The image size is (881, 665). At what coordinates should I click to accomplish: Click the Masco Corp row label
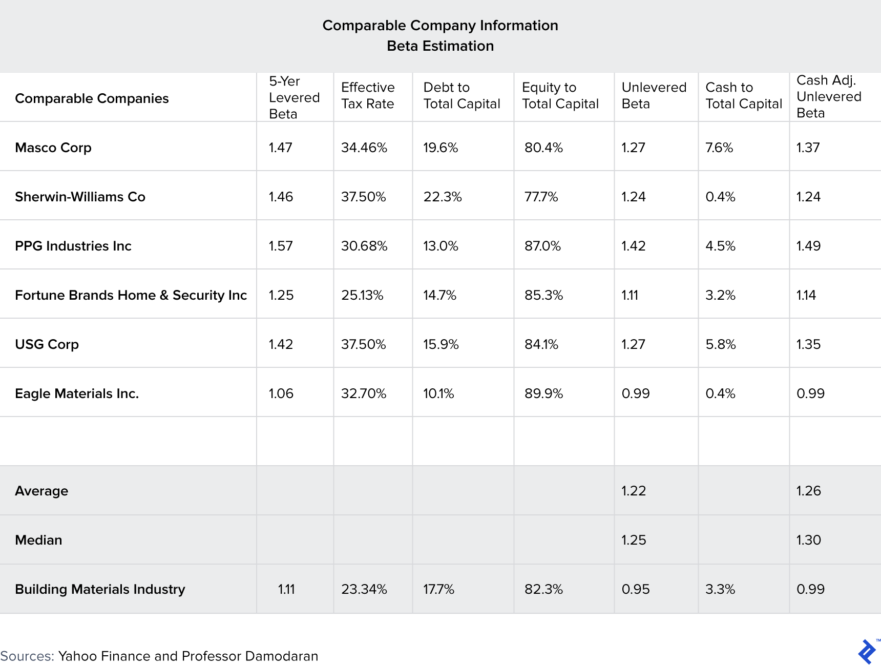[x=53, y=148]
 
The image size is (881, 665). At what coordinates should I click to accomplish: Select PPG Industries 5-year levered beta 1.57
[x=281, y=246]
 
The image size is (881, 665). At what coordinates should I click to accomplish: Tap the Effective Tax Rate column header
[x=368, y=96]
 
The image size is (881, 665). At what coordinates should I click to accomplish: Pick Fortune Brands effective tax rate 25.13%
[x=362, y=295]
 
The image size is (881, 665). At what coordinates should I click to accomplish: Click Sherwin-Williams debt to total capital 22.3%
[x=443, y=197]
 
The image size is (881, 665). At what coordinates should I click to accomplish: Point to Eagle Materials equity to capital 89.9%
[x=543, y=393]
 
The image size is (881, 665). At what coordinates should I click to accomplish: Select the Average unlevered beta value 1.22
[x=634, y=491]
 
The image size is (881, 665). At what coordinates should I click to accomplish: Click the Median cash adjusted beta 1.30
[x=808, y=540]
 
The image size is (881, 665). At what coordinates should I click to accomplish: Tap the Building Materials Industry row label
[x=100, y=589]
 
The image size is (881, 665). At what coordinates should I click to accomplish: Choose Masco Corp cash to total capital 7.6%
[x=719, y=148]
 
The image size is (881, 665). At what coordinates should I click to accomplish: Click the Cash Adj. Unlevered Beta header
[x=829, y=97]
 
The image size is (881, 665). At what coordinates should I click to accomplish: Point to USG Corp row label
[x=47, y=344]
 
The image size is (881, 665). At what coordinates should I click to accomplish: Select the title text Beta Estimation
[x=440, y=46]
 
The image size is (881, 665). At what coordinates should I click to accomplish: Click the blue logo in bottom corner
[x=867, y=652]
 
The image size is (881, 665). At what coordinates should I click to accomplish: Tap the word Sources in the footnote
[x=27, y=656]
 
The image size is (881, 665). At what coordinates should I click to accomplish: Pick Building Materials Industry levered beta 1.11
[x=286, y=589]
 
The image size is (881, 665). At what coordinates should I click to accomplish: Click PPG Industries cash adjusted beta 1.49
[x=808, y=246]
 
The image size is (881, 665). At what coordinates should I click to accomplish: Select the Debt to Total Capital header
[x=462, y=96]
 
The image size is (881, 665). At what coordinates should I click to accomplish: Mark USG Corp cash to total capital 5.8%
[x=720, y=344]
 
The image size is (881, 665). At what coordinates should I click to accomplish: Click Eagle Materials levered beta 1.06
[x=281, y=393]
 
